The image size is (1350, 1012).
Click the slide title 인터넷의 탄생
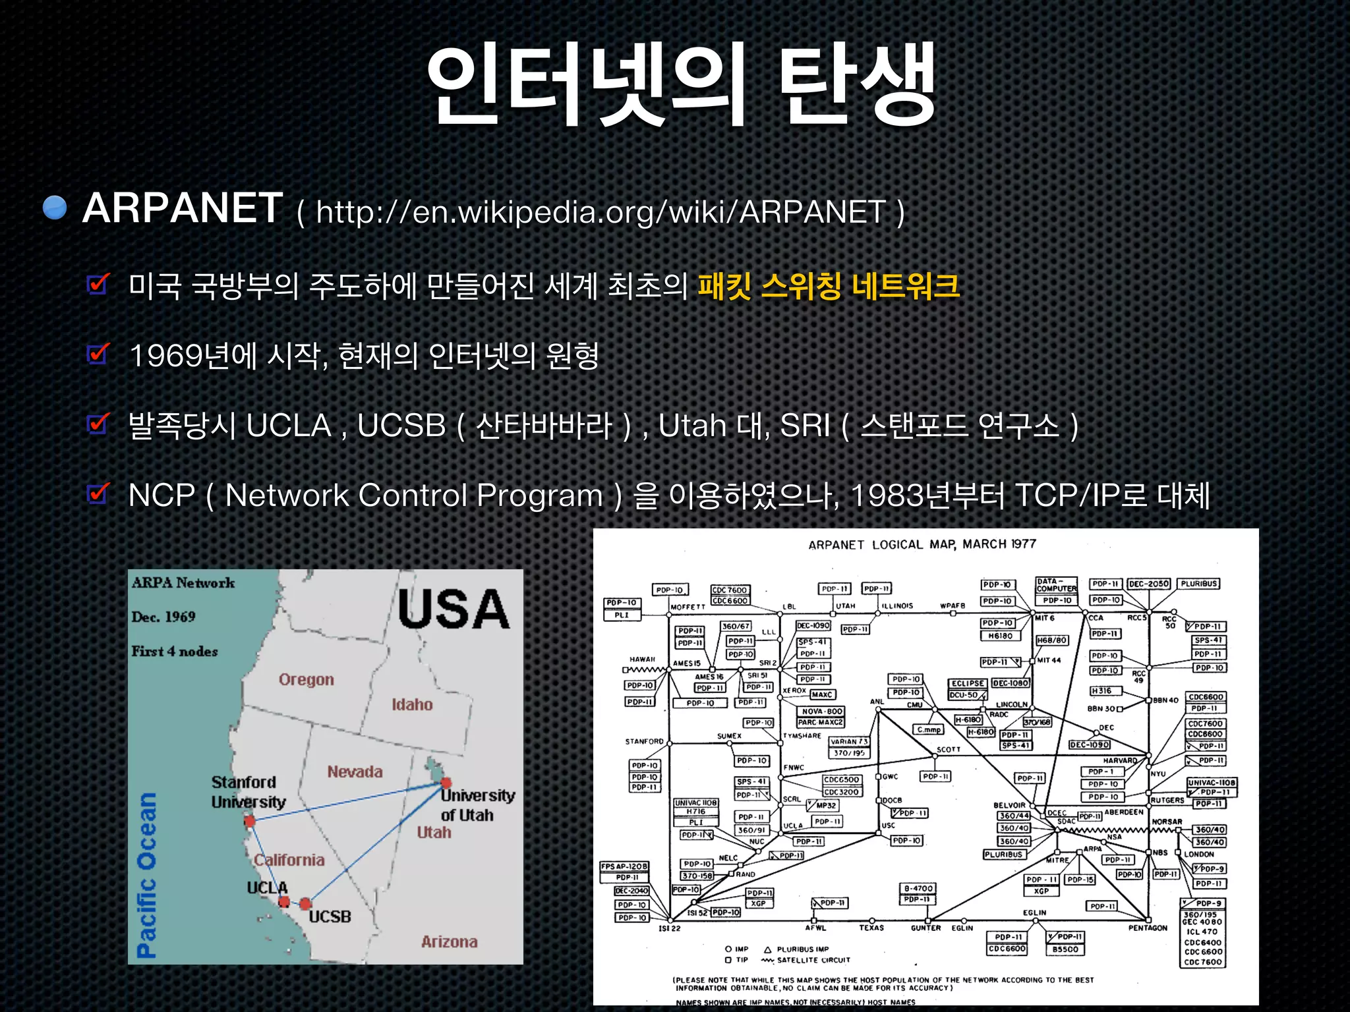pos(680,84)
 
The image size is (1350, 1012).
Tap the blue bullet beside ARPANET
pos(55,208)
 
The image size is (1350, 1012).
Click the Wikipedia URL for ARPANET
pos(601,212)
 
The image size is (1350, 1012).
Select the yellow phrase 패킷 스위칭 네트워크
pos(828,286)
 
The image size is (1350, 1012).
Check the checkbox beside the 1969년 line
pos(98,354)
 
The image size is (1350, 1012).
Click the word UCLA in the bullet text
pos(288,426)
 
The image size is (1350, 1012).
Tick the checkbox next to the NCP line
pos(98,494)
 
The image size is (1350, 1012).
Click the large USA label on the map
pos(454,609)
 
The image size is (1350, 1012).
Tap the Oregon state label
pos(306,679)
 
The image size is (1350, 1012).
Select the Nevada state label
pos(355,772)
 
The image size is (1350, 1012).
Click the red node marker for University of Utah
pos(446,783)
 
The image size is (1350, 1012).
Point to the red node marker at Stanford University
pos(250,821)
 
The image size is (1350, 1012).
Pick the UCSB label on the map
pos(330,916)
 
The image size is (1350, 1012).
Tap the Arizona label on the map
pos(449,942)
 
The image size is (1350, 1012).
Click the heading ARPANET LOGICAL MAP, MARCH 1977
pos(922,544)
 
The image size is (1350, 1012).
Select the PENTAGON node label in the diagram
pos(1148,928)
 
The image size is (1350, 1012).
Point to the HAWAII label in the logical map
pos(642,659)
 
